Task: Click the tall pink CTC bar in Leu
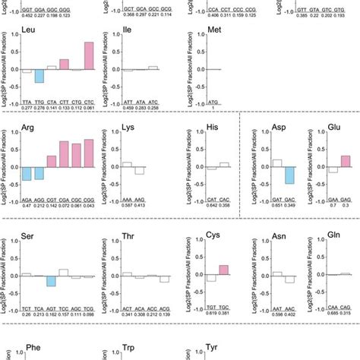[x=89, y=56]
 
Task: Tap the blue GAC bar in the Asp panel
[x=289, y=174]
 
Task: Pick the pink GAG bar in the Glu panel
[x=346, y=160]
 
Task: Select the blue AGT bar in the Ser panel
[x=51, y=280]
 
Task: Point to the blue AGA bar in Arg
[x=27, y=174]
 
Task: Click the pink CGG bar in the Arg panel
[x=89, y=152]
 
